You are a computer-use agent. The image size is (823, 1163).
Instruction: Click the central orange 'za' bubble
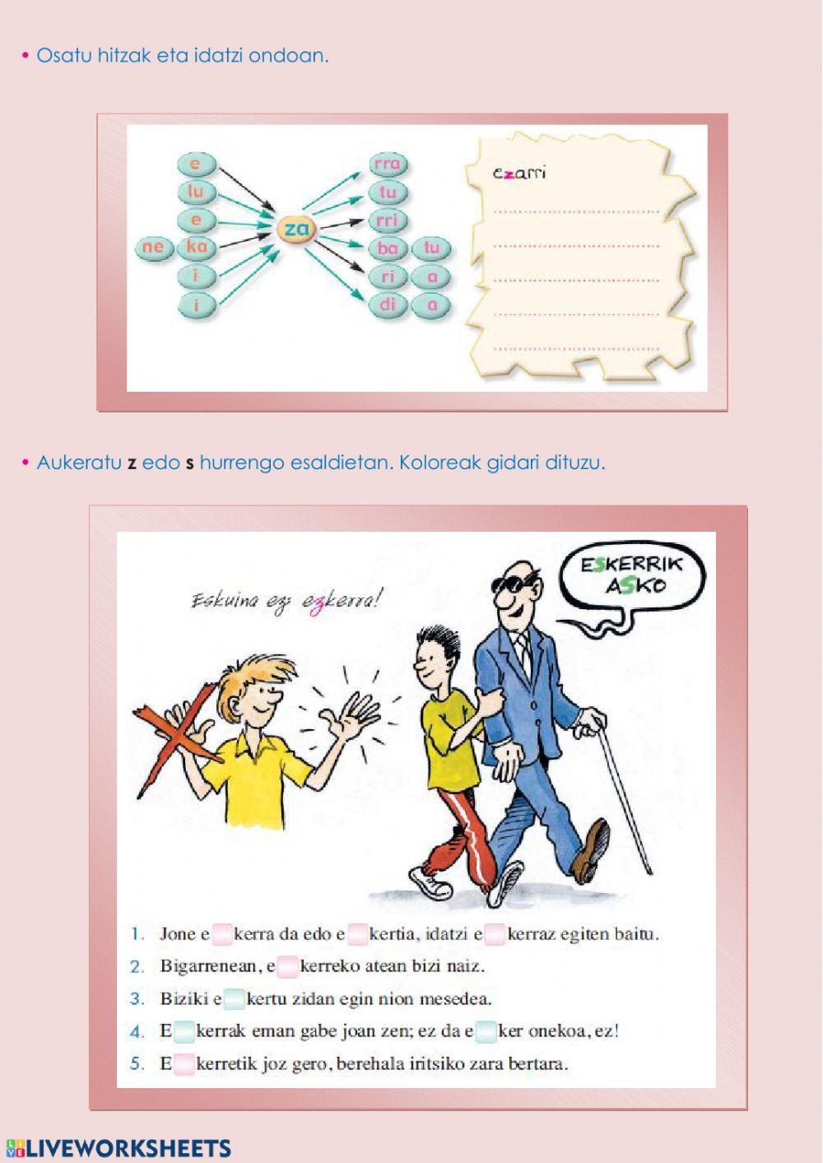tap(295, 230)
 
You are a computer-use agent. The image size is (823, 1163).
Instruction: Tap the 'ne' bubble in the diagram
tap(153, 247)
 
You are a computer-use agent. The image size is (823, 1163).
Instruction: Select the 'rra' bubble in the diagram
tap(387, 164)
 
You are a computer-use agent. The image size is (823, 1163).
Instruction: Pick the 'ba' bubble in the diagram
tap(387, 248)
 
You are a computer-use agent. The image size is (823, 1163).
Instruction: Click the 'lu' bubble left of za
tap(196, 193)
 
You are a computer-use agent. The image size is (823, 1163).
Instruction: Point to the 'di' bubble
tap(387, 305)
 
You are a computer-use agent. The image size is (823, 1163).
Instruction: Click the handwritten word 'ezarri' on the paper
tap(518, 173)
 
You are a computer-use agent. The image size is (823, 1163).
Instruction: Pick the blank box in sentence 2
tap(287, 966)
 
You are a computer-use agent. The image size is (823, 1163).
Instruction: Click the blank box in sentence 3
tap(235, 999)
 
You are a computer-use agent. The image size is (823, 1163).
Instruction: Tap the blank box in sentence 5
tap(184, 1063)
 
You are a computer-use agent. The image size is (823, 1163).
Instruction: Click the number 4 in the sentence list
tap(137, 1031)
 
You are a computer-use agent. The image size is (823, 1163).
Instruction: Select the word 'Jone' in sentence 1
tap(178, 934)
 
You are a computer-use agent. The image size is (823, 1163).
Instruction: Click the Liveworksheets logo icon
tap(14, 1148)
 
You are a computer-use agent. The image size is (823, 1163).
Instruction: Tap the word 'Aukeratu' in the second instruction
tap(78, 463)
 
